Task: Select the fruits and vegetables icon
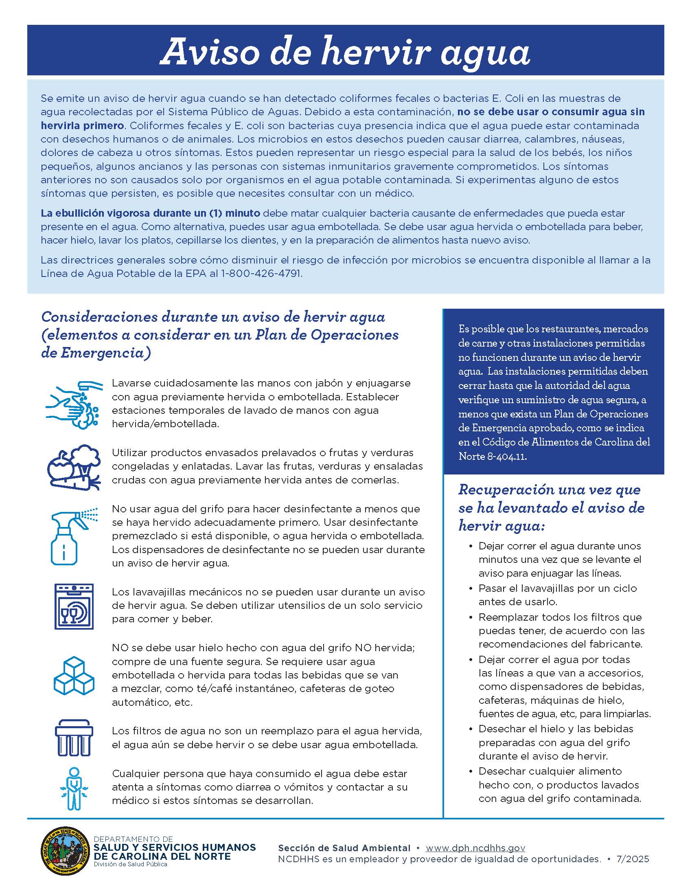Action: [74, 468]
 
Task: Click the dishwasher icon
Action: [74, 606]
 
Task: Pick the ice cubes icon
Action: [74, 675]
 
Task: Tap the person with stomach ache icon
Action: [74, 789]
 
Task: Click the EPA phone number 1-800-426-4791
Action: [261, 274]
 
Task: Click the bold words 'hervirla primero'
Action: [82, 125]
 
